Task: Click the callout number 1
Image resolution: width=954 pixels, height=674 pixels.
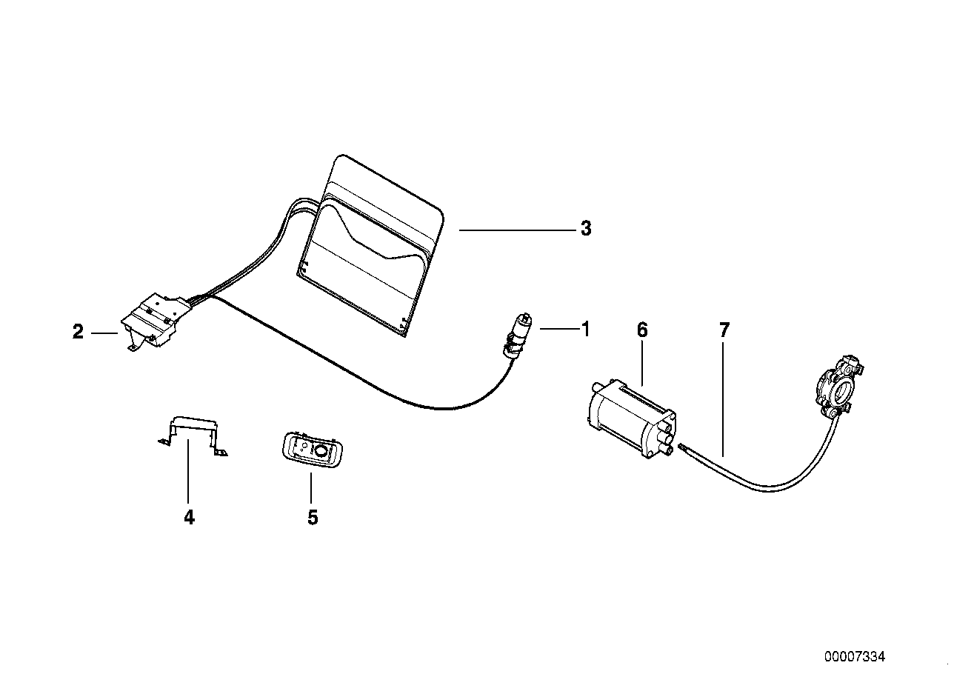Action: click(x=585, y=328)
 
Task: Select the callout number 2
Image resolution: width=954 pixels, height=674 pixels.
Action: click(x=78, y=333)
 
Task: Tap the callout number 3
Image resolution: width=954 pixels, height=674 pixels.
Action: click(x=586, y=229)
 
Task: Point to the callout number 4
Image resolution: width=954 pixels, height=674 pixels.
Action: click(x=189, y=517)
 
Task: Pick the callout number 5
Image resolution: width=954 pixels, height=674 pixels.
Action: click(x=313, y=517)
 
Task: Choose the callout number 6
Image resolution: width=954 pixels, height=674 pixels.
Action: click(x=641, y=330)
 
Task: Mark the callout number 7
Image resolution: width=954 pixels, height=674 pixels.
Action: click(x=724, y=330)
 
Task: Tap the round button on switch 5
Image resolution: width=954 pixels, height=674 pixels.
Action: click(x=321, y=449)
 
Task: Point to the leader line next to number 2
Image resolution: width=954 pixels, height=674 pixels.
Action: click(x=104, y=333)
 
